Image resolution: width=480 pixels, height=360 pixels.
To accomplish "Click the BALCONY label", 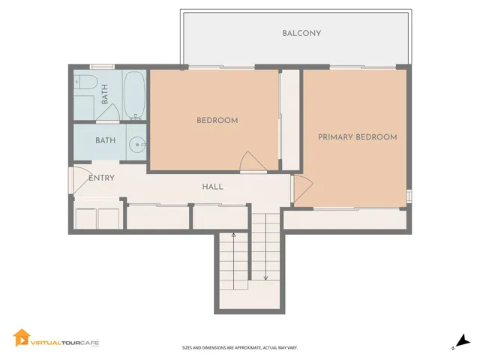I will pos(301,33).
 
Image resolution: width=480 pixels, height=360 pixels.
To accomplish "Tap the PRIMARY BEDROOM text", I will pos(357,137).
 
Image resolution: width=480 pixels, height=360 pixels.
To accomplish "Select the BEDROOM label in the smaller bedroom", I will pos(217,121).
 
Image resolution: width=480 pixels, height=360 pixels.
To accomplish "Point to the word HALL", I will pos(212,187).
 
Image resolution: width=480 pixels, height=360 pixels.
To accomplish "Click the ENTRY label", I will pos(101,178).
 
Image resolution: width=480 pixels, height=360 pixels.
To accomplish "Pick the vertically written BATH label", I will pos(105,94).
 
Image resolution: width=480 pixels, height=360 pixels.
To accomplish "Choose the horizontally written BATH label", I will pos(105,140).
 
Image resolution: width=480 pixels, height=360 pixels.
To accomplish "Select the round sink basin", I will pos(137,145).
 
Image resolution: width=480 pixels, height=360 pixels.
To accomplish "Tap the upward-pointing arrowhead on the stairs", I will pos(233,235).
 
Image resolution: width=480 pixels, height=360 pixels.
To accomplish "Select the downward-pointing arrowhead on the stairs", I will pos(265,278).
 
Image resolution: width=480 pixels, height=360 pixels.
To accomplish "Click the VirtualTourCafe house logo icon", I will pos(20,338).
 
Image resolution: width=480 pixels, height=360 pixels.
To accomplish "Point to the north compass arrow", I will pos(463,341).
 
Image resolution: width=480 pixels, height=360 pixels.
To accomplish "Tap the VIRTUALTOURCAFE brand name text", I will pos(64,343).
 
